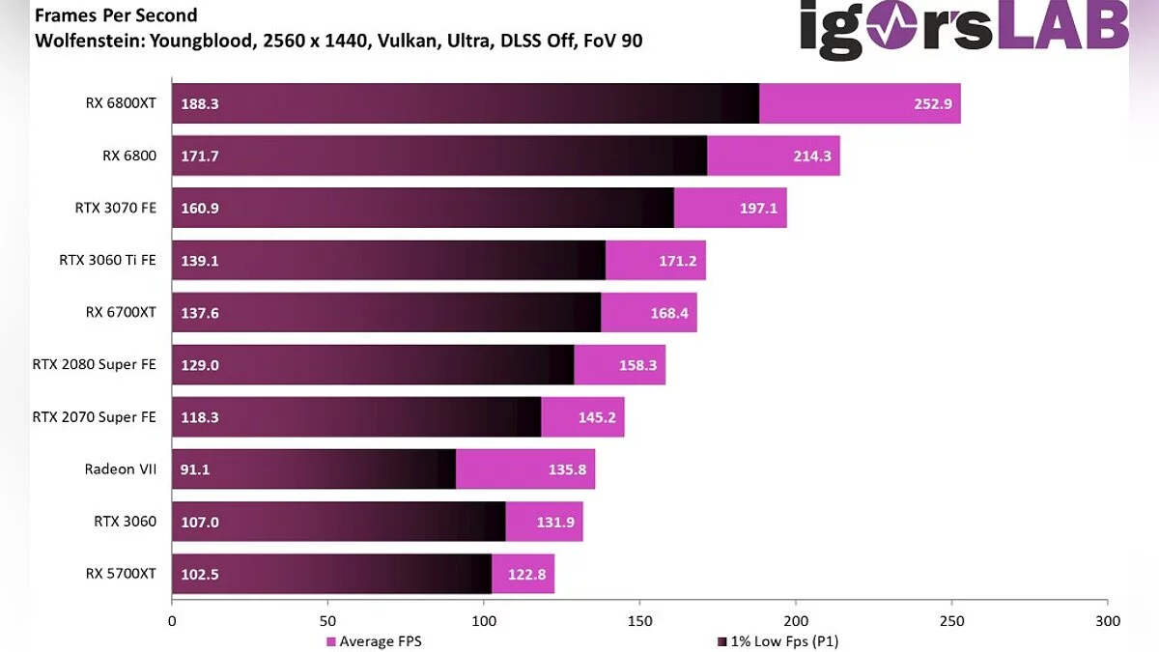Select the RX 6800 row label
pos(128,156)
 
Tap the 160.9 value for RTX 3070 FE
pos(200,208)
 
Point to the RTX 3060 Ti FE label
pos(107,260)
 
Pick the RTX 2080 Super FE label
pos(94,364)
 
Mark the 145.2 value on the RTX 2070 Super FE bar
pos(596,417)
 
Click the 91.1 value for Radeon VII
pos(196,469)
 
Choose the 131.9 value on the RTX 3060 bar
pos(554,522)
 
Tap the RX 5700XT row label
pos(121,574)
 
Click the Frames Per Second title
pos(116,16)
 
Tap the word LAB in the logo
pos(1061,26)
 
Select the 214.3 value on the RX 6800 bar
pos(811,156)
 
